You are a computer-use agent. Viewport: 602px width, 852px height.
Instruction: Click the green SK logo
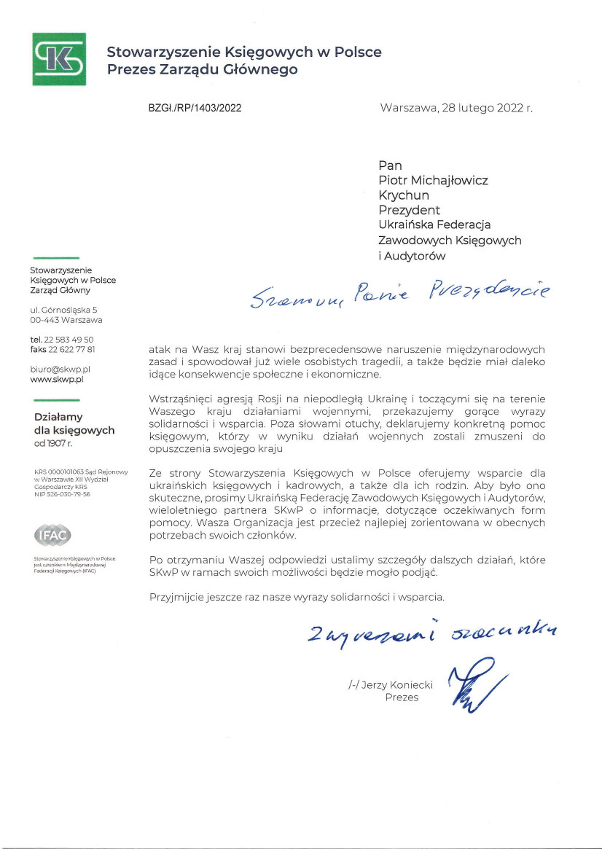coord(59,59)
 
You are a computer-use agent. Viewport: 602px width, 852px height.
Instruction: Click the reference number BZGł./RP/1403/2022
coord(195,108)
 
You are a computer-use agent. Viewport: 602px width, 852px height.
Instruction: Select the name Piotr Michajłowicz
coord(433,180)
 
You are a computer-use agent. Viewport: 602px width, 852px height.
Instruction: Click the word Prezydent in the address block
coord(409,211)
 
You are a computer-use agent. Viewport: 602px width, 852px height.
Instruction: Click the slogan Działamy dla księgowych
coord(74,423)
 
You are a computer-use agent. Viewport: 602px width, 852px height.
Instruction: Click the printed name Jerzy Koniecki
coord(391,684)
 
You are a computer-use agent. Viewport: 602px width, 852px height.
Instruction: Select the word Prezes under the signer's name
coord(402,697)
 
